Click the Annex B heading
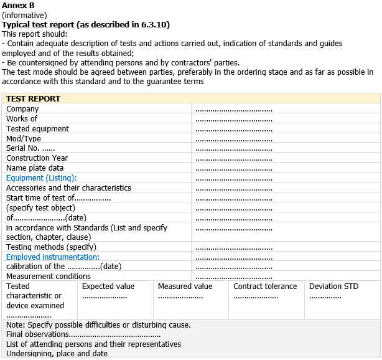pos(18,6)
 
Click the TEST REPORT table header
pos(33,98)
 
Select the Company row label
pos(22,109)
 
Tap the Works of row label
pos(22,119)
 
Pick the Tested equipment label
pos(37,129)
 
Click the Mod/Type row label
pos(24,138)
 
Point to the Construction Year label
pos(37,158)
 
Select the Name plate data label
pos(35,168)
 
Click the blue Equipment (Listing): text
pos(41,178)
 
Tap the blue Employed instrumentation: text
pos(53,257)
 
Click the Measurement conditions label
pos(49,277)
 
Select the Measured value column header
pos(185,287)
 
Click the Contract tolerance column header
pos(265,287)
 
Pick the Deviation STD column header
pos(334,287)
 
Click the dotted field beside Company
pos(234,110)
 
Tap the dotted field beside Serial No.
pos(234,149)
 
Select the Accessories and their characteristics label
pos(68,188)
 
